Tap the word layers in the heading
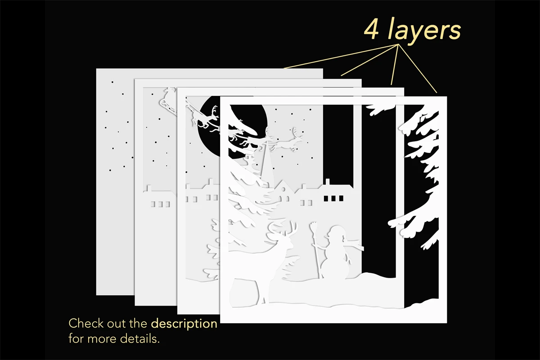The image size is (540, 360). (424, 30)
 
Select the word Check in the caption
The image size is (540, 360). (86, 324)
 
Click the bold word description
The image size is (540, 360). (184, 324)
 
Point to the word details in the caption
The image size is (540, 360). (140, 339)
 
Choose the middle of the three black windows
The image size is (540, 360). (333, 198)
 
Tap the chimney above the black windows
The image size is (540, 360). (328, 182)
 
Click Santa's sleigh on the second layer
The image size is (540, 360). (167, 101)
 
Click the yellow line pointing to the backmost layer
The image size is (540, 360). (341, 56)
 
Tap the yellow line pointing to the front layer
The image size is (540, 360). (417, 68)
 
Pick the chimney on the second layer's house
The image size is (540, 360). (149, 188)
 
